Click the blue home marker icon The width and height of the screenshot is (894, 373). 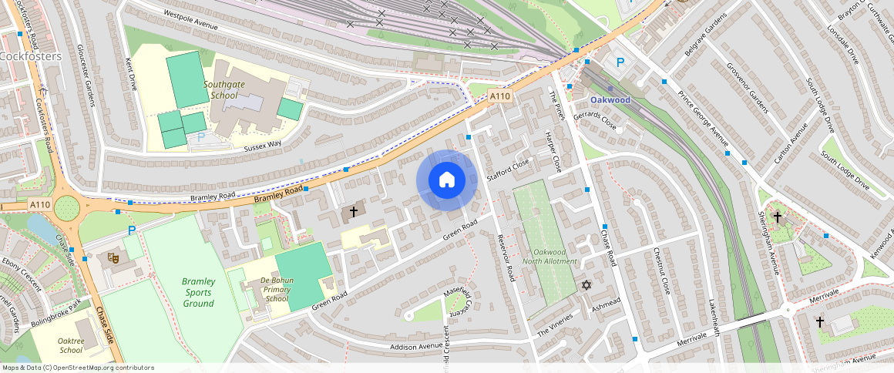tap(446, 180)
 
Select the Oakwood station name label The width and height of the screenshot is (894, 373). tap(610, 100)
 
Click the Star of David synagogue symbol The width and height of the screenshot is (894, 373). tap(586, 286)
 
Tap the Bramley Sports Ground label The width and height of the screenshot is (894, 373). tap(198, 292)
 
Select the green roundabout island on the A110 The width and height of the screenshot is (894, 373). tap(67, 207)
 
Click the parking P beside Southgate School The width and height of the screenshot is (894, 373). tap(201, 136)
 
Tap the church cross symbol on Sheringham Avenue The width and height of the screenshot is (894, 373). tap(778, 217)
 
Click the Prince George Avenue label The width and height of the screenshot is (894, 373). tap(703, 119)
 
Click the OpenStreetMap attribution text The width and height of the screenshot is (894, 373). tap(78, 368)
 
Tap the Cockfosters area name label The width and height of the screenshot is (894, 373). tap(31, 56)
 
